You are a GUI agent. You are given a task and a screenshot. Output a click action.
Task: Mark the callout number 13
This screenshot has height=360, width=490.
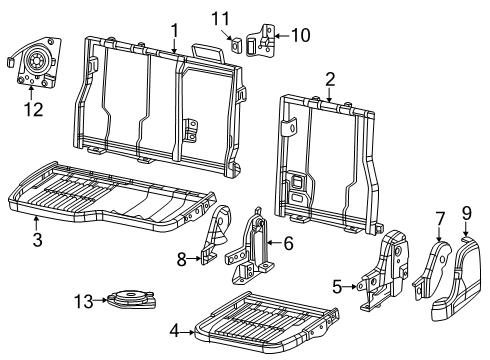tap(83, 298)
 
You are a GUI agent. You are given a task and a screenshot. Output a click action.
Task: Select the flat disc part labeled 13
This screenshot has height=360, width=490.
tap(130, 298)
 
